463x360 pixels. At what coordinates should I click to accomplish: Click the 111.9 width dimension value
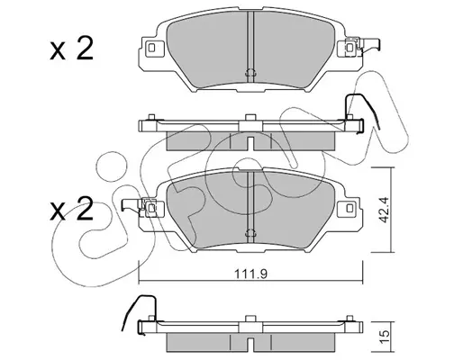point(250,274)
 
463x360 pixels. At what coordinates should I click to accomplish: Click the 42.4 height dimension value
point(384,210)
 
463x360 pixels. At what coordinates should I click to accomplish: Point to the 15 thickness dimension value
point(385,333)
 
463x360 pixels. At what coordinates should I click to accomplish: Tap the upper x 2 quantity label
point(71,49)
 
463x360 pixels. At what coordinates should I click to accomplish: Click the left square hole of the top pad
point(151,48)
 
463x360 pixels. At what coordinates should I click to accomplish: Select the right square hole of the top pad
point(350,48)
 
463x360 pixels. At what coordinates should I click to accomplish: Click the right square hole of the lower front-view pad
point(350,208)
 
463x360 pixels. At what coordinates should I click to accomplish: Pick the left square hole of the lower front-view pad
point(152,208)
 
